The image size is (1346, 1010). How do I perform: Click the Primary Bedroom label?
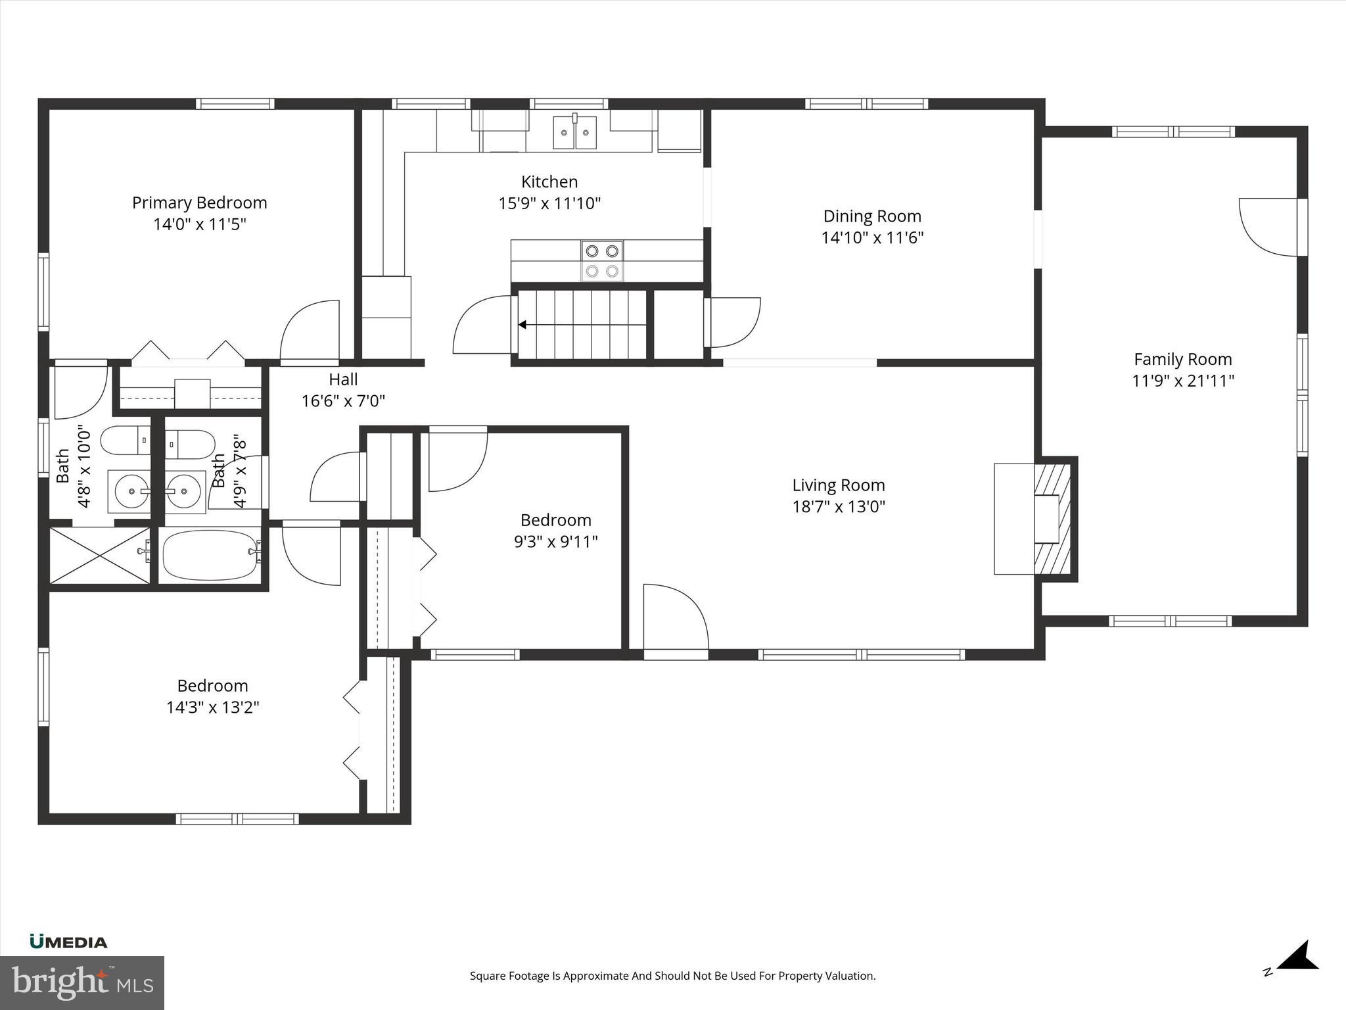click(x=199, y=203)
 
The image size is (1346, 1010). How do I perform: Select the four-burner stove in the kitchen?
click(x=602, y=260)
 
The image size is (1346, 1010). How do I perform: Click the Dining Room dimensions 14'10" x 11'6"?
click(x=872, y=237)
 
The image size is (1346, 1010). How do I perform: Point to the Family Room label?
click(x=1182, y=359)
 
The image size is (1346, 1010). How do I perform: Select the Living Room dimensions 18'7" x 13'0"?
click(x=839, y=507)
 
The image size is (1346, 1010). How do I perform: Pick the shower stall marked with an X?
click(x=100, y=555)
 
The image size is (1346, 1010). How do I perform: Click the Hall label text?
click(x=343, y=379)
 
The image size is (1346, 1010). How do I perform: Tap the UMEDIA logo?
click(x=68, y=942)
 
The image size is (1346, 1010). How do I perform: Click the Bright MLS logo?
click(x=82, y=982)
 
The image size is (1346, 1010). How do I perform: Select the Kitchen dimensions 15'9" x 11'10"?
click(x=549, y=203)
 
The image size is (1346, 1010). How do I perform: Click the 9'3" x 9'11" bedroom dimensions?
click(x=555, y=542)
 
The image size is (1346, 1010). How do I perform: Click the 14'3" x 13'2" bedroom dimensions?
click(x=212, y=708)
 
